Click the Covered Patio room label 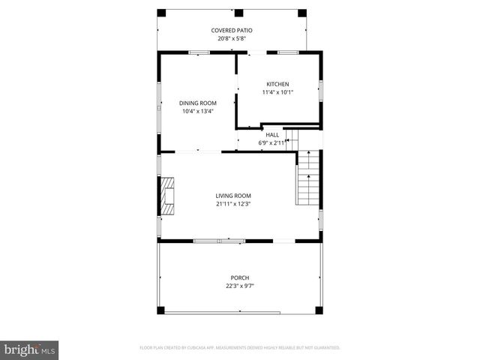point(231,30)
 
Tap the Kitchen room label point(277,84)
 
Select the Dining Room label point(197,103)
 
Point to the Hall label point(272,135)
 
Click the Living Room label point(233,195)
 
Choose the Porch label point(239,277)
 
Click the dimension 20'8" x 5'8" point(231,38)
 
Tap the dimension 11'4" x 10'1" point(277,92)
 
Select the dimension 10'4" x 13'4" point(197,111)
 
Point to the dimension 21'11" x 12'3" point(233,203)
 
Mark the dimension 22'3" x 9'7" point(239,286)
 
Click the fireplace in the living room point(166,196)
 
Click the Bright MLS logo point(30,349)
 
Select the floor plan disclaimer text point(240,348)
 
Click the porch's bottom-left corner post point(160,310)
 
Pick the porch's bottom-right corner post point(319,310)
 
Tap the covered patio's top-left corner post point(161,13)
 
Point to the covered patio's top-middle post point(238,13)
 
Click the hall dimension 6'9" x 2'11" point(272,142)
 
